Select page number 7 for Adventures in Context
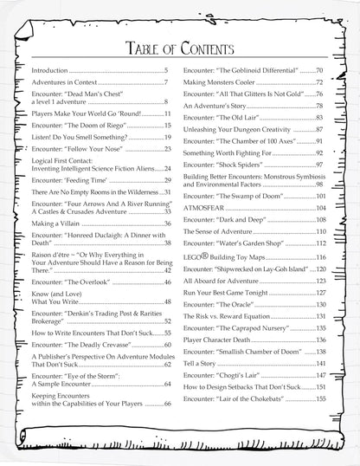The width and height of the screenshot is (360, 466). pyautogui.click(x=164, y=83)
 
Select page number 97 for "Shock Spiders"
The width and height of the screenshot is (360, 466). pyautogui.click(x=320, y=164)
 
